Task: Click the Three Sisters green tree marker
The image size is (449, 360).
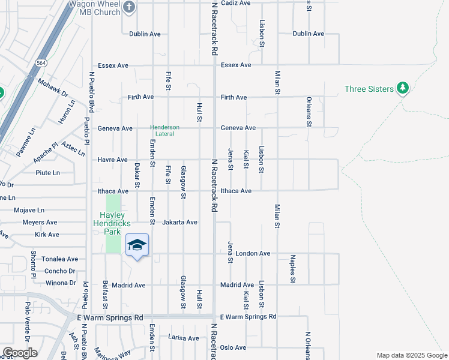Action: tap(403, 89)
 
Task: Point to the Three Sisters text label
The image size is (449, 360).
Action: tap(369, 89)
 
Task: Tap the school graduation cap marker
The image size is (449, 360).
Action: tap(137, 245)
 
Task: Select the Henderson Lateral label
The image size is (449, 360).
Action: tap(165, 130)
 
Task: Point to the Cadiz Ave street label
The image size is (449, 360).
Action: tap(235, 3)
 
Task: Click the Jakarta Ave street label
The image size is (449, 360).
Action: tap(180, 222)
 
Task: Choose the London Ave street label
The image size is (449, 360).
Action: tap(253, 253)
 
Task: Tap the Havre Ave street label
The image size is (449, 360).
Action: tap(113, 160)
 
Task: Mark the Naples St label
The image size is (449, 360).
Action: tap(293, 268)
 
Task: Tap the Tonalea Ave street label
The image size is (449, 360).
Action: tap(59, 259)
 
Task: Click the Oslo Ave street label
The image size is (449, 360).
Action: tap(233, 347)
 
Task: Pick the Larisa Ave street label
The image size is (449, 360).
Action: tap(183, 338)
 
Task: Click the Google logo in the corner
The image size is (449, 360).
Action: tap(20, 353)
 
